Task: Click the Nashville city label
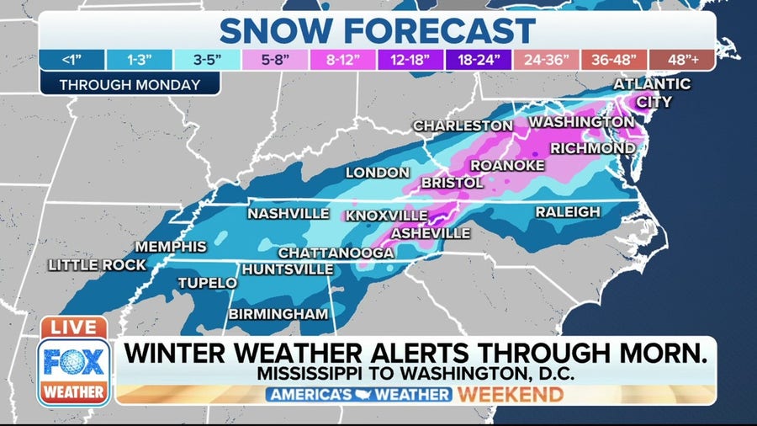pyautogui.click(x=288, y=214)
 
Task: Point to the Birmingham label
pyautogui.click(x=278, y=314)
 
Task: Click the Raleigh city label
pyautogui.click(x=568, y=211)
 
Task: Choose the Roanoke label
pyautogui.click(x=507, y=165)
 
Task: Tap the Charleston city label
pyautogui.click(x=463, y=125)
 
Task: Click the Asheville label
pyautogui.click(x=431, y=232)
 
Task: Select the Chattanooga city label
pyautogui.click(x=336, y=253)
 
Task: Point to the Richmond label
pyautogui.click(x=593, y=148)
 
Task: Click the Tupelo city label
pyautogui.click(x=207, y=284)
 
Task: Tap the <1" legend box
pyautogui.click(x=72, y=61)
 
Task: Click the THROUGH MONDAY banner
pyautogui.click(x=130, y=84)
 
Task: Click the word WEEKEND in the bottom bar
pyautogui.click(x=510, y=395)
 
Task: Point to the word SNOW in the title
pyautogui.click(x=275, y=31)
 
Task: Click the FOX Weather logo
pyautogui.click(x=74, y=370)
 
